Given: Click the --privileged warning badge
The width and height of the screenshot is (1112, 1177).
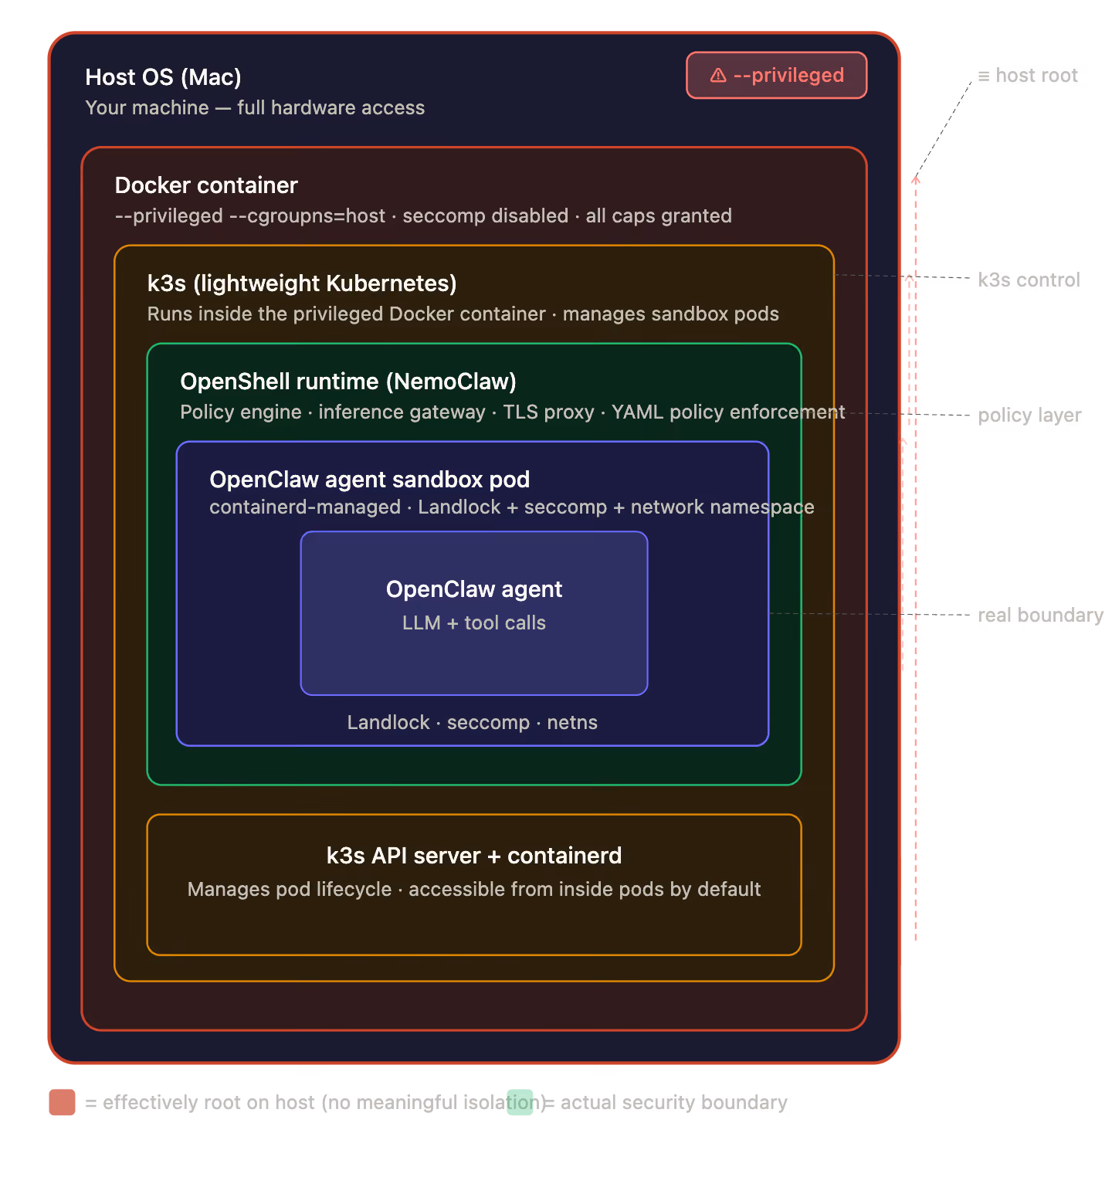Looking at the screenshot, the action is pyautogui.click(x=776, y=76).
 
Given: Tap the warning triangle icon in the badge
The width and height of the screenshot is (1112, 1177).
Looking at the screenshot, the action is pyautogui.click(x=718, y=76).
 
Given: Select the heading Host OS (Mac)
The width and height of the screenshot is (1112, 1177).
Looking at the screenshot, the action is pyautogui.click(x=163, y=77).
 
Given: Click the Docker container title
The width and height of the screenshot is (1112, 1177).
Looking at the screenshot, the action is pyautogui.click(x=206, y=185).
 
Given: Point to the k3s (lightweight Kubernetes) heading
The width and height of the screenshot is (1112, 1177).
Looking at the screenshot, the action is pyautogui.click(x=302, y=283).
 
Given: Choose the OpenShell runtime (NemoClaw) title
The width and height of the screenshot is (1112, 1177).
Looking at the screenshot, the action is pyautogui.click(x=348, y=382).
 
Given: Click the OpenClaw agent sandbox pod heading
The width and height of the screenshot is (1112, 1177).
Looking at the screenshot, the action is pyautogui.click(x=370, y=480).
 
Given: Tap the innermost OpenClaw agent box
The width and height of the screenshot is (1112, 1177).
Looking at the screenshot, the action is pyautogui.click(x=474, y=613).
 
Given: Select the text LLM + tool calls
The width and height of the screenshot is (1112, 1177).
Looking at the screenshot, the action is pyautogui.click(x=474, y=623).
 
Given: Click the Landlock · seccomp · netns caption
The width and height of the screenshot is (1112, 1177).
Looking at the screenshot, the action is pyautogui.click(x=473, y=723).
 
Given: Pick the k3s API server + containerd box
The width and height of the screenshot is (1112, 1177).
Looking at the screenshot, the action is pyautogui.click(x=474, y=885).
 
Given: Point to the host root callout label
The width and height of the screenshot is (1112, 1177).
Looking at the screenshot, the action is pyautogui.click(x=1028, y=76).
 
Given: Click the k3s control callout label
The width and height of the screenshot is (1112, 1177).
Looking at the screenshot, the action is pyautogui.click(x=1029, y=280).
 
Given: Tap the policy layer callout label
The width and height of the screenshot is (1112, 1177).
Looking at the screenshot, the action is pyautogui.click(x=1029, y=416).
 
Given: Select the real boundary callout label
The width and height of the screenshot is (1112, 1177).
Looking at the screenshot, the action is pyautogui.click(x=1040, y=616).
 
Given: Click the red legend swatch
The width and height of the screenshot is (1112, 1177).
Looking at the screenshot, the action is pyautogui.click(x=62, y=1102).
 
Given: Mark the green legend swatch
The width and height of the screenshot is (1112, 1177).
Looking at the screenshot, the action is pyautogui.click(x=520, y=1102).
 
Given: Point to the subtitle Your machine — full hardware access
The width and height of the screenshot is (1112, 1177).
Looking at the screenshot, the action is pyautogui.click(x=255, y=108).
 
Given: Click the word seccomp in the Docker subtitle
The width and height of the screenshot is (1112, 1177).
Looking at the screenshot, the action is pyautogui.click(x=441, y=216).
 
